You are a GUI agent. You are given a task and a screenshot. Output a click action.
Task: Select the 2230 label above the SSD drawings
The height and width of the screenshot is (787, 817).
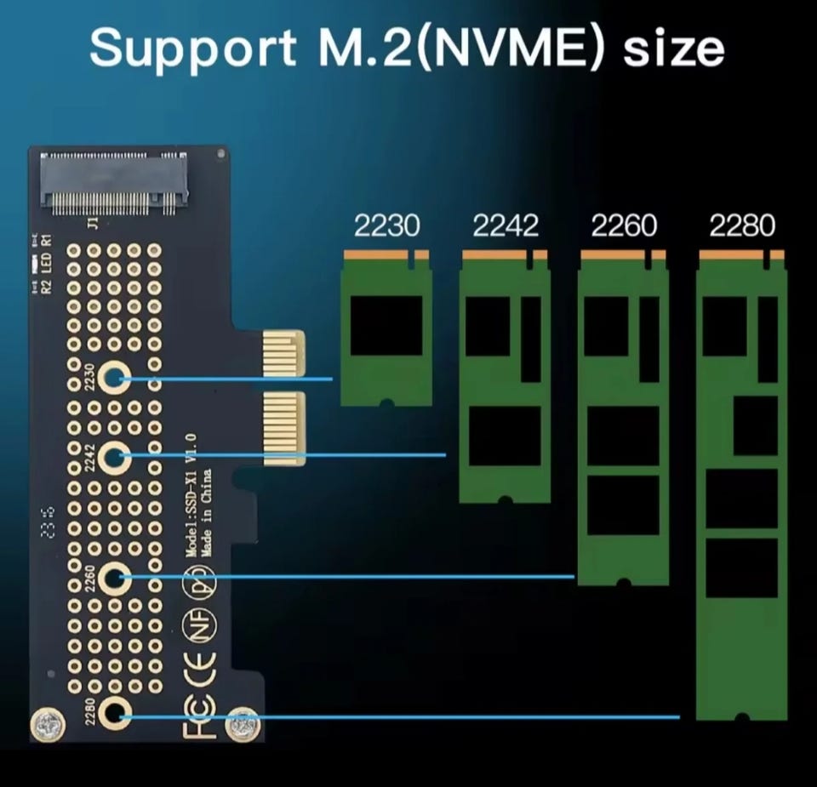click(x=386, y=225)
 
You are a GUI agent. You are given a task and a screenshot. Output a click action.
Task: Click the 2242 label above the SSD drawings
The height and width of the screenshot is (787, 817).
click(x=506, y=225)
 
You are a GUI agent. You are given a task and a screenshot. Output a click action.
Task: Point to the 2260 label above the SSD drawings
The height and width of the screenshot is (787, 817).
click(x=624, y=225)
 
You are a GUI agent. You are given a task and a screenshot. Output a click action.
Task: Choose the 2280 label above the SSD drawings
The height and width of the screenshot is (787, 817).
click(x=742, y=225)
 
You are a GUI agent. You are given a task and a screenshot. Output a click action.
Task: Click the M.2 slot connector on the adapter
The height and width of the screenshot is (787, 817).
click(x=114, y=183)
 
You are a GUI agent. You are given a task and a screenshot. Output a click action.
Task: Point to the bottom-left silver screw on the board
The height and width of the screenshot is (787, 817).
click(x=48, y=726)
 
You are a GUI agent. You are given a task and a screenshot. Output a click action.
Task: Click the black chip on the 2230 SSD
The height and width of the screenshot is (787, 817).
click(x=386, y=326)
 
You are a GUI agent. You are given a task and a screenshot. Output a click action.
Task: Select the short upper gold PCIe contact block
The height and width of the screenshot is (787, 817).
click(x=283, y=354)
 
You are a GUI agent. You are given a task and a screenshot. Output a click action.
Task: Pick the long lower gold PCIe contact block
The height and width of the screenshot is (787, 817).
click(x=283, y=428)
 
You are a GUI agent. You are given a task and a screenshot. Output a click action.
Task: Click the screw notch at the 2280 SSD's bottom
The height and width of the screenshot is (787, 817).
click(x=741, y=717)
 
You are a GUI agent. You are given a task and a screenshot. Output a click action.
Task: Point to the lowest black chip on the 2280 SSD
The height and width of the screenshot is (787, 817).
click(x=741, y=567)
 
